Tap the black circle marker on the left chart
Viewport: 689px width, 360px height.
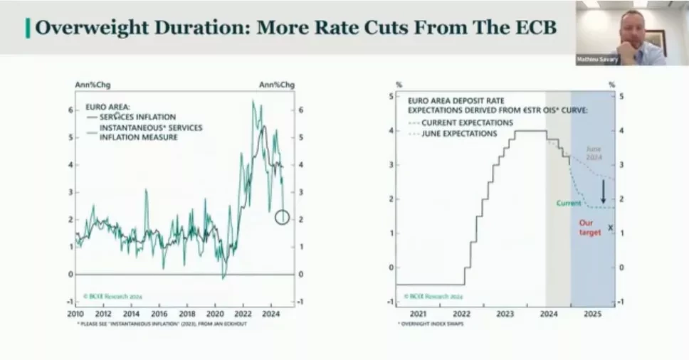point(282,217)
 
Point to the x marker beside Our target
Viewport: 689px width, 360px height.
point(611,227)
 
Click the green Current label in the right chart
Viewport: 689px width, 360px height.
point(569,203)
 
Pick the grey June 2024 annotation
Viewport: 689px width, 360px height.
point(594,154)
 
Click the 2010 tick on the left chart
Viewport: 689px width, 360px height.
point(75,314)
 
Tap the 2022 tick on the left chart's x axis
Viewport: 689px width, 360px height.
point(243,314)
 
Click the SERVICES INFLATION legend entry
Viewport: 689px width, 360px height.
point(137,117)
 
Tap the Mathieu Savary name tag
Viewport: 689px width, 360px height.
point(596,60)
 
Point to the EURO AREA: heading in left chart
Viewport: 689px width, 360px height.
point(103,107)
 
